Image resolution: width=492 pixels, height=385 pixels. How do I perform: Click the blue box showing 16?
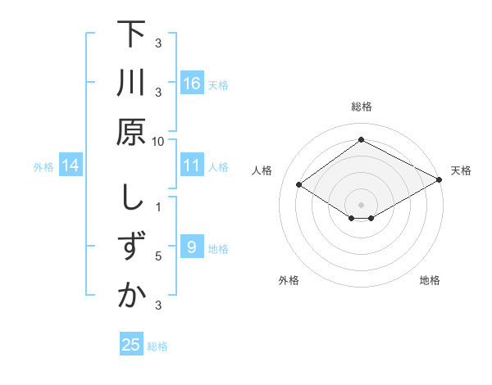point(191,83)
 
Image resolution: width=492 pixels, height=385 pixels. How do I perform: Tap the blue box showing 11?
point(191,165)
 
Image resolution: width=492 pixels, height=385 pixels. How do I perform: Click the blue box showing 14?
point(71,166)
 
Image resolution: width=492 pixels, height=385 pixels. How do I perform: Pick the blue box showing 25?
point(130,345)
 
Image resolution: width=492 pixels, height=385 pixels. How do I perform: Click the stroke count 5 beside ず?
point(158,256)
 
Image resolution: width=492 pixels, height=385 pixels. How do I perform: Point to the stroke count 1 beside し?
point(158,207)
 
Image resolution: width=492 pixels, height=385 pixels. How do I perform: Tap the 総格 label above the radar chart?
point(361,106)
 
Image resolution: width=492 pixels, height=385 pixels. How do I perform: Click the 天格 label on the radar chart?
point(461,170)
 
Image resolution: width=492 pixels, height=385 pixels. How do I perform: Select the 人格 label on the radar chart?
point(262,170)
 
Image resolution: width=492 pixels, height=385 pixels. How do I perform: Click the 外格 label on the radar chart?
point(289,280)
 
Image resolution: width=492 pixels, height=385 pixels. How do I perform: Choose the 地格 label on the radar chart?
point(430,280)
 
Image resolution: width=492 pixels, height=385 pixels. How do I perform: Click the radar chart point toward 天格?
point(440,179)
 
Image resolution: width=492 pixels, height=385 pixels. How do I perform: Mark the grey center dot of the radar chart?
point(361,203)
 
